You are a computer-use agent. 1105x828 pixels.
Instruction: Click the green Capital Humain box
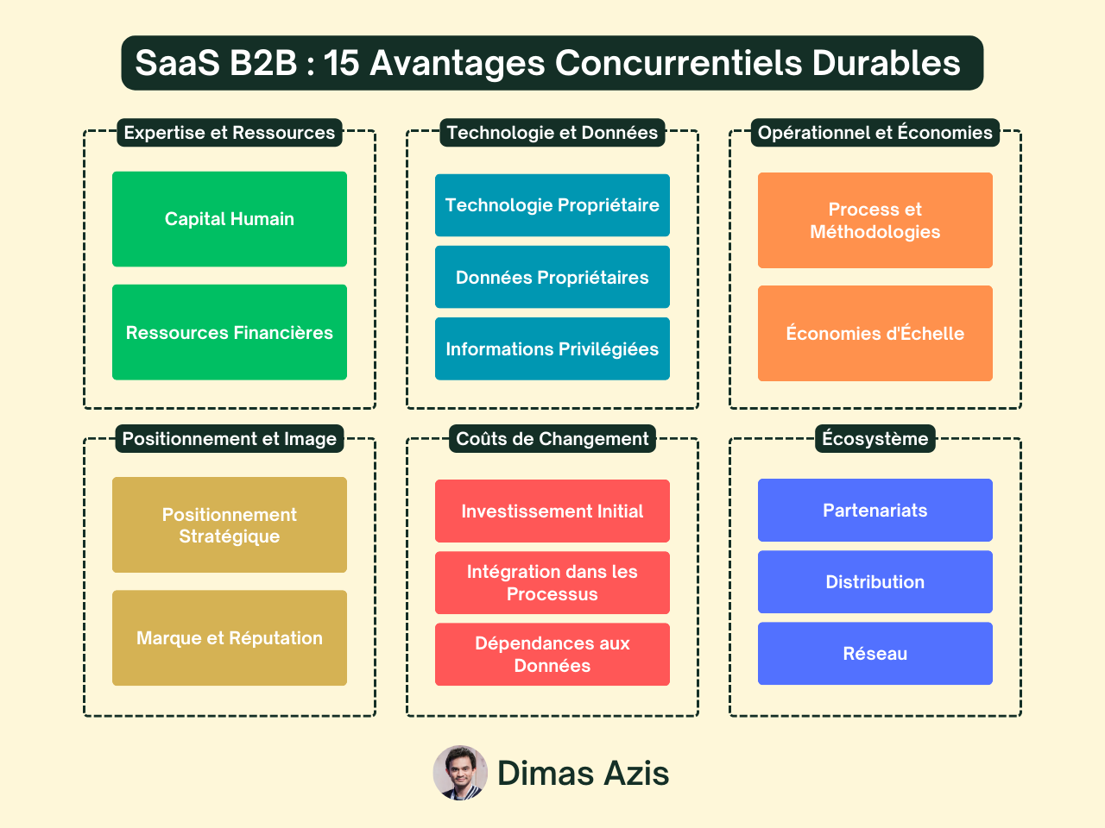(230, 219)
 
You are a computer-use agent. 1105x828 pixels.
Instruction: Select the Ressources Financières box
(230, 332)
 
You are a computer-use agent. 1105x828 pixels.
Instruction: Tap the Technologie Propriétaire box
(552, 205)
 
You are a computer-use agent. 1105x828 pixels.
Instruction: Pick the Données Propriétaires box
(552, 277)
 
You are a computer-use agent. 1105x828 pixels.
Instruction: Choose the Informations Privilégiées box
(552, 348)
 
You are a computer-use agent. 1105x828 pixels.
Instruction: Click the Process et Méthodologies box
(875, 220)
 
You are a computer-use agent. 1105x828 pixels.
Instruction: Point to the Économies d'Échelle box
(875, 333)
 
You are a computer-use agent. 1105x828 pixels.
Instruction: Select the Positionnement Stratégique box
(230, 524)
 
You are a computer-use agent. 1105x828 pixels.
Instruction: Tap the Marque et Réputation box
(230, 637)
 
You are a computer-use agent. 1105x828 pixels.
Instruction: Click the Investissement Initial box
(552, 511)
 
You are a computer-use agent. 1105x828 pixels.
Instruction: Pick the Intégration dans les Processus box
(552, 582)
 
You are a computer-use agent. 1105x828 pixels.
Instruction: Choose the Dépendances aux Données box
(552, 654)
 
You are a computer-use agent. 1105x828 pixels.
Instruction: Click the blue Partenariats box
(875, 510)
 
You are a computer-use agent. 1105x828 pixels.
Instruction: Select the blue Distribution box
(875, 581)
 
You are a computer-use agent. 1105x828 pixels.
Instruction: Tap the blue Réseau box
(875, 653)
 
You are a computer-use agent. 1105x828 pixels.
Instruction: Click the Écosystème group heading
(875, 438)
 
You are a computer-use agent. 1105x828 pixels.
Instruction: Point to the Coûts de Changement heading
(552, 438)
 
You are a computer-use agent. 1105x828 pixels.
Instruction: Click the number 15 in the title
(341, 63)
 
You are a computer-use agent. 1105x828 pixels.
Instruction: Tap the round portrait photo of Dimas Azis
(460, 773)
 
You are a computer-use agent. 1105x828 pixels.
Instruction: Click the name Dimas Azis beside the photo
(584, 773)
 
